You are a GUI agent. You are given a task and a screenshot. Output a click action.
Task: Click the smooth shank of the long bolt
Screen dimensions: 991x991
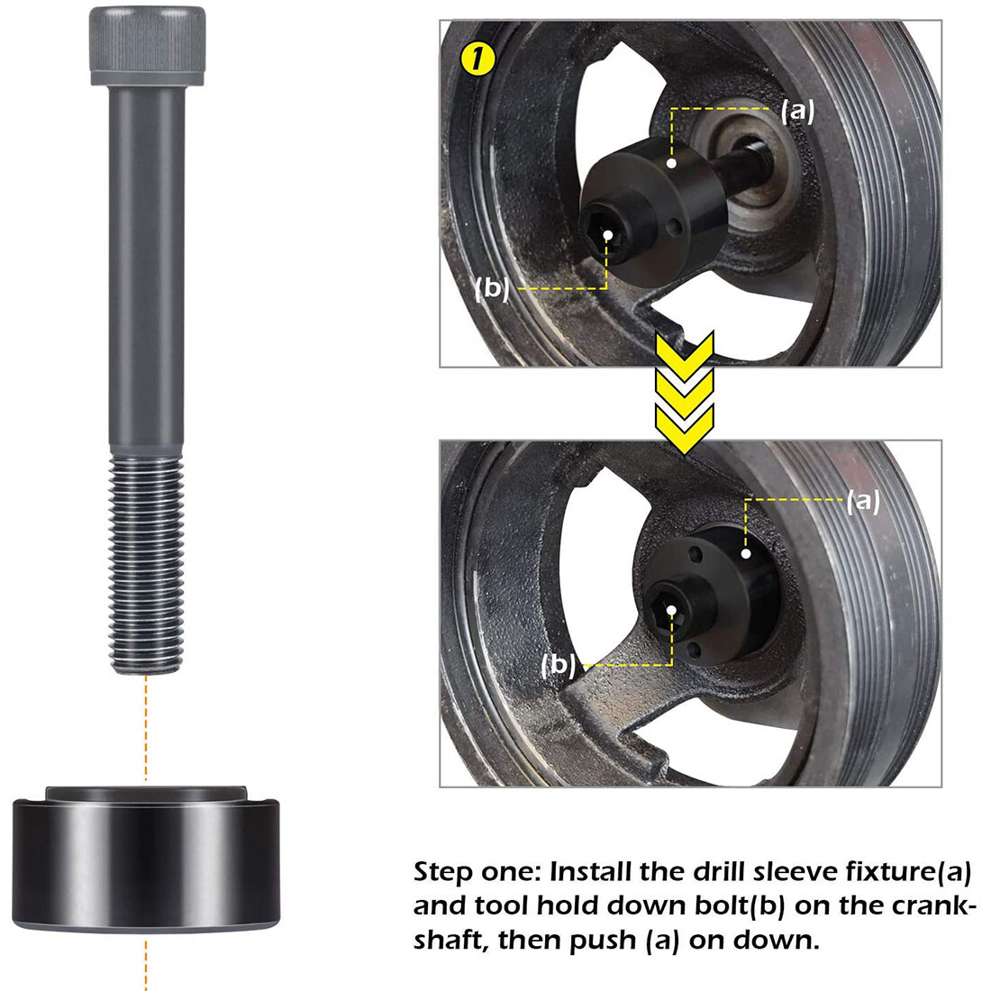point(147,270)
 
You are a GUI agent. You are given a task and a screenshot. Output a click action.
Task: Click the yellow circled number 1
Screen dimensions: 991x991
point(477,60)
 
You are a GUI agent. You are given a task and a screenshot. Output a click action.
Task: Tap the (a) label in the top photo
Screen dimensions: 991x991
point(797,110)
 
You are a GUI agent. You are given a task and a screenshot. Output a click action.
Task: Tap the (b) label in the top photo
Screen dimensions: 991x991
point(493,289)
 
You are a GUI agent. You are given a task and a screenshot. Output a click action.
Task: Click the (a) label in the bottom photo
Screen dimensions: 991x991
point(862,502)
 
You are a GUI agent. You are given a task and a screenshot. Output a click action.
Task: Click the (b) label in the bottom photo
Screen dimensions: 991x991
point(559,665)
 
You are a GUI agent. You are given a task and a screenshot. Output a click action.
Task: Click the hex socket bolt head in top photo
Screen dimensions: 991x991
point(609,235)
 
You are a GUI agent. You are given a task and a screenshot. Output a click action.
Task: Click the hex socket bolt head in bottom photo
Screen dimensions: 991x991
point(672,611)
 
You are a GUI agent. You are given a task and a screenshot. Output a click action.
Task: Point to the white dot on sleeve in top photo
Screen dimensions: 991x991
point(672,164)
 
